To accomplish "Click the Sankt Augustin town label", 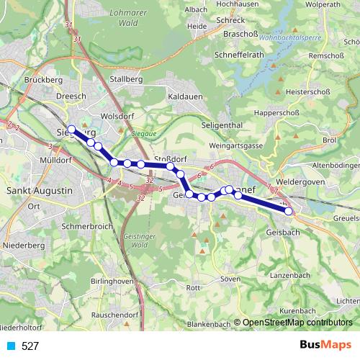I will click(x=39, y=191).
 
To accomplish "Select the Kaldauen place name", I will click(x=184, y=96).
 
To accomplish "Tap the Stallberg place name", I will click(x=123, y=79).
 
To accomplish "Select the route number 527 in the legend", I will click(x=30, y=346).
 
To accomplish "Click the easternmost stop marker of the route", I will click(x=289, y=212).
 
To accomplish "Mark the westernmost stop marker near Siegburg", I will click(x=71, y=130).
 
